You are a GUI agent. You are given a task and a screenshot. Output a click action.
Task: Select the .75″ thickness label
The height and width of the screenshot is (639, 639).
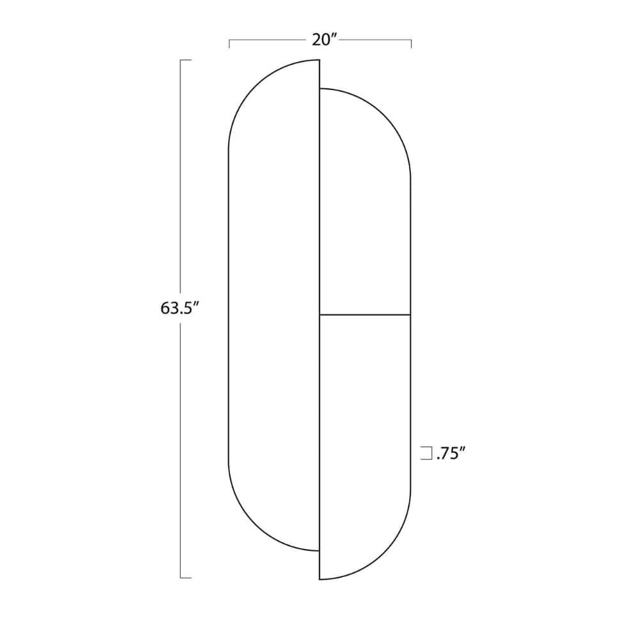pos(450,454)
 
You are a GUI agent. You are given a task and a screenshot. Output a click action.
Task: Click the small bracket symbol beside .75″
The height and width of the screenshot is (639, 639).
pos(426,454)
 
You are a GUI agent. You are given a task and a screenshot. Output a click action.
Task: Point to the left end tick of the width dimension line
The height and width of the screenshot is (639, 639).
pos(229,43)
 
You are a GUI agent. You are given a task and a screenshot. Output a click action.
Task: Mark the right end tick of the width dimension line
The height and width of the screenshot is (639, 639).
pos(411,43)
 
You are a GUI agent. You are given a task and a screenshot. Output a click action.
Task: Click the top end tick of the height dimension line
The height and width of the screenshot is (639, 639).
pos(186,60)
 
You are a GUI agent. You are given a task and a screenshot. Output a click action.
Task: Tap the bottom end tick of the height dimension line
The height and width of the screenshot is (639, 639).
pos(186,578)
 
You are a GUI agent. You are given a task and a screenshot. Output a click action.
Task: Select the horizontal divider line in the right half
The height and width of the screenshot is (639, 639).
pos(365,314)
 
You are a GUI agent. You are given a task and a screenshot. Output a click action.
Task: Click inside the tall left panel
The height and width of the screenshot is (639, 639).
pos(274,307)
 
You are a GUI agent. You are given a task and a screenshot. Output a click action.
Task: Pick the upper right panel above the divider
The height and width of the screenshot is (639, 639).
pos(365,204)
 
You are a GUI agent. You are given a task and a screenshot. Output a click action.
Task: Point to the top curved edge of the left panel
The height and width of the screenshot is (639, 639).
pos(256,86)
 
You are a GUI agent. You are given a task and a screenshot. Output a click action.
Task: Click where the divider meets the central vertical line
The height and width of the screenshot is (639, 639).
pos(319,314)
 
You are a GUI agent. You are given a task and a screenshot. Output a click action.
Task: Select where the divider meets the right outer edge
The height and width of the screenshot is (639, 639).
pos(410,314)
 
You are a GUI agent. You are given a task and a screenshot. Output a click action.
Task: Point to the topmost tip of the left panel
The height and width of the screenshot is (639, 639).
pos(318,60)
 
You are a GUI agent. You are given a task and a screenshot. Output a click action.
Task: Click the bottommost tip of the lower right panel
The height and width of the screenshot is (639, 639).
pos(320,579)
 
